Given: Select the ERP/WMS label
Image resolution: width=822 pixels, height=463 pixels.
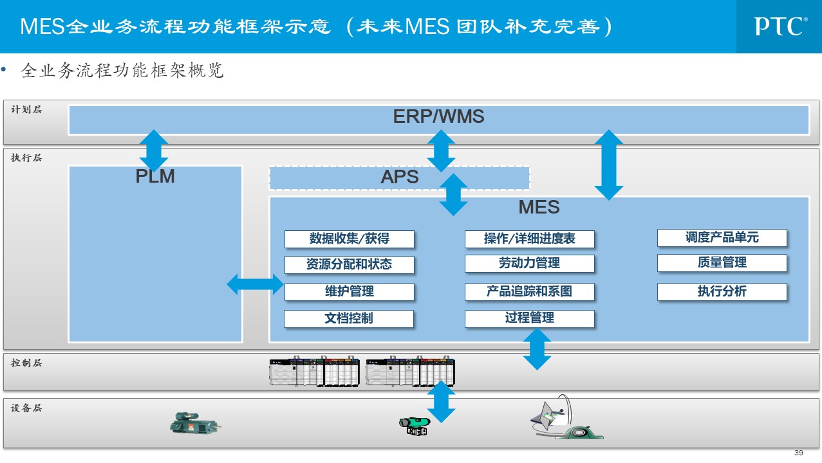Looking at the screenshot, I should pyautogui.click(x=438, y=117).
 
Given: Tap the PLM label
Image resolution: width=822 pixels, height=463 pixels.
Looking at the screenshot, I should pyautogui.click(x=155, y=176).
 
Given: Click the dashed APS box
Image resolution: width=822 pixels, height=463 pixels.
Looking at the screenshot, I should pyautogui.click(x=399, y=177).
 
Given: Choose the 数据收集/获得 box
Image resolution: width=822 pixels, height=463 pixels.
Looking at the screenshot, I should pyautogui.click(x=350, y=239).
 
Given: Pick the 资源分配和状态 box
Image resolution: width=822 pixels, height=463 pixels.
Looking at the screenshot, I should pyautogui.click(x=350, y=264).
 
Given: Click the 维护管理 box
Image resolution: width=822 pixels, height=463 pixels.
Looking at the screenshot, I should pyautogui.click(x=350, y=291).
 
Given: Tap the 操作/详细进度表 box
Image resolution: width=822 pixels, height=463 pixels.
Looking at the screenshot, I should pyautogui.click(x=529, y=239).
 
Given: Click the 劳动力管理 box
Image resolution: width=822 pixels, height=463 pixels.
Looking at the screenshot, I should pyautogui.click(x=529, y=264).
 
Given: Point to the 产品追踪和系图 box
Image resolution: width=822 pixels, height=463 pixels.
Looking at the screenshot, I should pyautogui.click(x=529, y=291).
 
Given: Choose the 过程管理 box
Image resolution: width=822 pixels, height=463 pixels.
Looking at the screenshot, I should pyautogui.click(x=529, y=318).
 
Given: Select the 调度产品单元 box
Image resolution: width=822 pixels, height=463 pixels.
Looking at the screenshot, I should pyautogui.click(x=722, y=238).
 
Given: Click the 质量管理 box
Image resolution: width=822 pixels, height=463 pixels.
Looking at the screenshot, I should pyautogui.click(x=722, y=262).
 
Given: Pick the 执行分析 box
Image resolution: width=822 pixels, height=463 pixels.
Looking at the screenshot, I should pyautogui.click(x=722, y=291).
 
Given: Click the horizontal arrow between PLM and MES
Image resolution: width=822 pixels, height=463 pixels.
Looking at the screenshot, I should pyautogui.click(x=256, y=284).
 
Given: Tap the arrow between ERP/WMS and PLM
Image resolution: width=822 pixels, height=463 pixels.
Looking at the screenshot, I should pyautogui.click(x=154, y=150).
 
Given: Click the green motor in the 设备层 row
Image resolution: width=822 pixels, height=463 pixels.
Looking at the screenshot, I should pyautogui.click(x=194, y=423).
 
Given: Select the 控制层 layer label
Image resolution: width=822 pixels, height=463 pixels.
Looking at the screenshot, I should pyautogui.click(x=26, y=363).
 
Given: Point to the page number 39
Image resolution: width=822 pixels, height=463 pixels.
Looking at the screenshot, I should pyautogui.click(x=799, y=453).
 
